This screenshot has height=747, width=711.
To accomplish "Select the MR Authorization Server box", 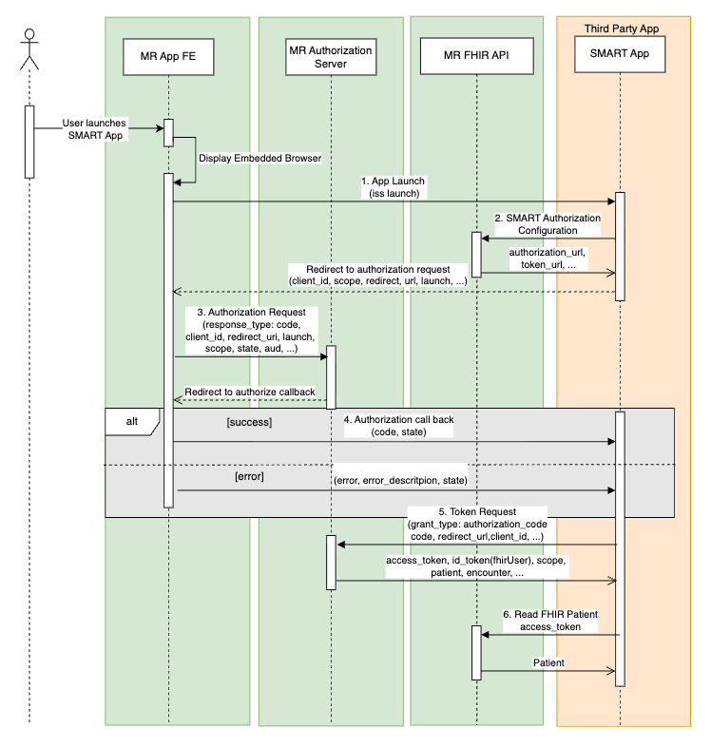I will (330, 56).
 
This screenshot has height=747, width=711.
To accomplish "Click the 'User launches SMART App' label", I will (95, 129).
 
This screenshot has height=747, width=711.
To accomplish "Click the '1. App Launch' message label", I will (394, 185).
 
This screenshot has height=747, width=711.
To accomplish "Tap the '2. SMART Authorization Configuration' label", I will (547, 223).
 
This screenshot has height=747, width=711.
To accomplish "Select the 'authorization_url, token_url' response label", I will (546, 259).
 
